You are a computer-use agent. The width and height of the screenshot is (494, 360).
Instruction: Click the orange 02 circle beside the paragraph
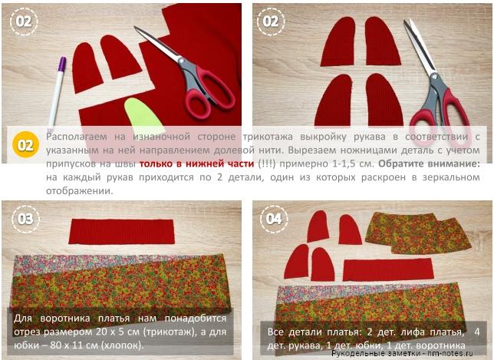(25, 145)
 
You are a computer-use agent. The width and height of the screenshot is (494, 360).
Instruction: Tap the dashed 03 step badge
(25, 219)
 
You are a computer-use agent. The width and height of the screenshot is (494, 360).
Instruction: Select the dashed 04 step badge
(274, 219)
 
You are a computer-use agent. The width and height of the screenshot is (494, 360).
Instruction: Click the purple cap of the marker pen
(62, 64)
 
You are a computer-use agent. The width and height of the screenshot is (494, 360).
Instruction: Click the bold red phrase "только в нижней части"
(196, 163)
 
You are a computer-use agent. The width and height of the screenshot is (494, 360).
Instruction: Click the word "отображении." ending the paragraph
(80, 190)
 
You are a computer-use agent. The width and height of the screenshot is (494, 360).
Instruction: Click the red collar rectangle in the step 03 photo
(121, 232)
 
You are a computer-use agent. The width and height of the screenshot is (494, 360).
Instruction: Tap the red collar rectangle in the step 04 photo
(388, 269)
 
